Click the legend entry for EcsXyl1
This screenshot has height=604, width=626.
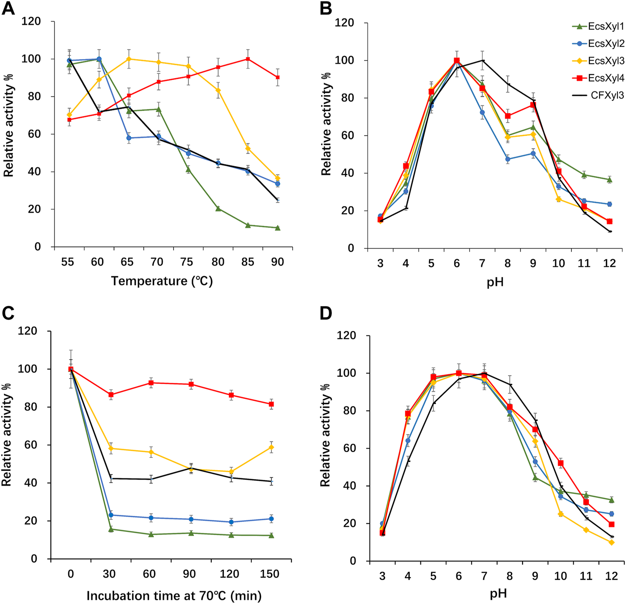[x=605, y=26]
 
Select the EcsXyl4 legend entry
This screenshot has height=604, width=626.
[x=605, y=78]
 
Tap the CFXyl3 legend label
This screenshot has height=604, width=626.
[x=607, y=95]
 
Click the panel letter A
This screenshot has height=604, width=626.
[x=8, y=8]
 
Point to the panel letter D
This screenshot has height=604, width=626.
[x=326, y=313]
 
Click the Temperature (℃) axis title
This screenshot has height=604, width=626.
[x=162, y=281]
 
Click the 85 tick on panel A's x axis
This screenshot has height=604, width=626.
[x=248, y=262]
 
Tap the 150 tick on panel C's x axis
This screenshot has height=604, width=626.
[x=270, y=574]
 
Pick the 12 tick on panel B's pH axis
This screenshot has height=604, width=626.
[x=609, y=263]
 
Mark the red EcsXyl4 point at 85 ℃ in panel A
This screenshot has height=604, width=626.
[x=248, y=59]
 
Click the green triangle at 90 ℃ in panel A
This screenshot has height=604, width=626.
[x=278, y=228]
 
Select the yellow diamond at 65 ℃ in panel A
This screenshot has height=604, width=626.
[x=129, y=59]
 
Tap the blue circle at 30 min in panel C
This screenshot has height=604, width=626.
[x=111, y=515]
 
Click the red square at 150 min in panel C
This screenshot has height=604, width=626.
[x=271, y=404]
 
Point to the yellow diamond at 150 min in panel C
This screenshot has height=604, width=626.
[x=271, y=447]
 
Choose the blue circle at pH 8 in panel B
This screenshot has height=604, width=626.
[x=508, y=159]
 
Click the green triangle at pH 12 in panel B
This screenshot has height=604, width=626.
[x=609, y=180]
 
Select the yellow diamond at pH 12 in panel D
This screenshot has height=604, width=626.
[x=611, y=542]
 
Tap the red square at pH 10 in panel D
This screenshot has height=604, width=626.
[x=561, y=463]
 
